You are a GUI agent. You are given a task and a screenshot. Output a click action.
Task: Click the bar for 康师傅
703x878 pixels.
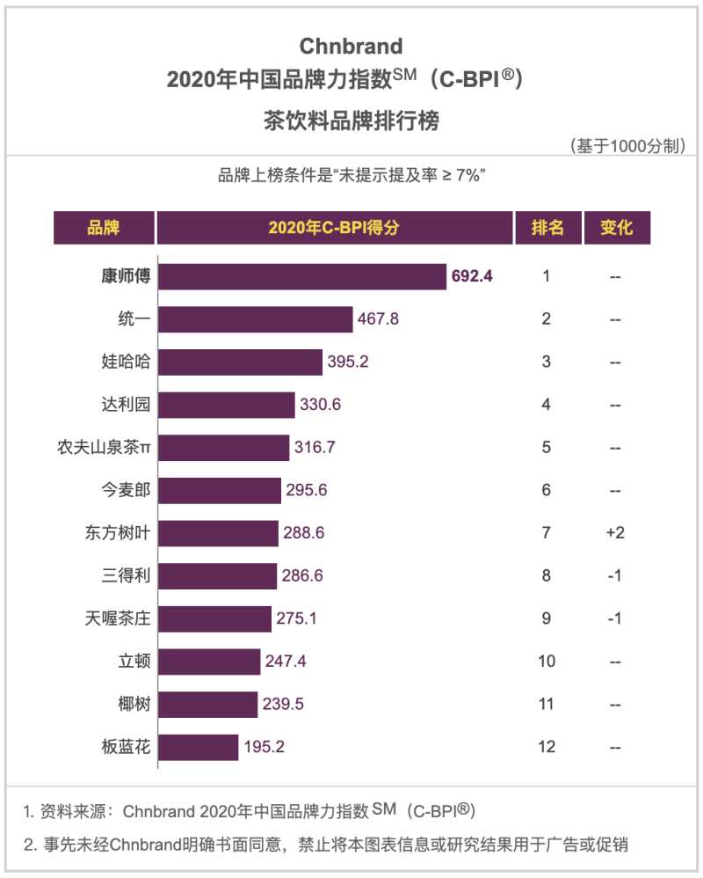click(302, 276)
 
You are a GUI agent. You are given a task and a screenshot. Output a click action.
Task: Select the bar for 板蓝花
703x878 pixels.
click(199, 748)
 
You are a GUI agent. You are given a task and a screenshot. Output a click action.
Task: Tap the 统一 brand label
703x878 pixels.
click(127, 318)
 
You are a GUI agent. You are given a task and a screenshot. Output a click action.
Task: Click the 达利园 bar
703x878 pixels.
click(227, 405)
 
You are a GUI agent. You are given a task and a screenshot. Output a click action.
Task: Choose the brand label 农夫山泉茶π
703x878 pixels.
click(104, 448)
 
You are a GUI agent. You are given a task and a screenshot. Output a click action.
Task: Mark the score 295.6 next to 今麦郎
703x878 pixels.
click(307, 490)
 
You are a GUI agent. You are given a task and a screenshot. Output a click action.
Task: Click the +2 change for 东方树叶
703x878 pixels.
click(615, 533)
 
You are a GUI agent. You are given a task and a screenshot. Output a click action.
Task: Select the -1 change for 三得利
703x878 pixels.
click(615, 576)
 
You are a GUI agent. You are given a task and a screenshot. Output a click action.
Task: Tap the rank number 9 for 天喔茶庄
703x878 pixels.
click(547, 618)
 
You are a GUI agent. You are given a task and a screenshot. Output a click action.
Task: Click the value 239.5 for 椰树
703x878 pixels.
click(283, 705)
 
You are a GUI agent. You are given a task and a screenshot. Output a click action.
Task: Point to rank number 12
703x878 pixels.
click(547, 748)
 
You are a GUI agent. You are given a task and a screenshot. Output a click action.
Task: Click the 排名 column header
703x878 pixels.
click(547, 228)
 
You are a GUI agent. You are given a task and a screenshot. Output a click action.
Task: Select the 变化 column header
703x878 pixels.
click(616, 228)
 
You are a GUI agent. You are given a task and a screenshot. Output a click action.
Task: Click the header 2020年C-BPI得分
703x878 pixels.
click(334, 228)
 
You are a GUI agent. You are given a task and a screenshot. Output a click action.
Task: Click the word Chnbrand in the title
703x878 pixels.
click(351, 46)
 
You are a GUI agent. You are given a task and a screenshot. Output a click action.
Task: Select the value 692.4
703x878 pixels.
click(472, 276)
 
